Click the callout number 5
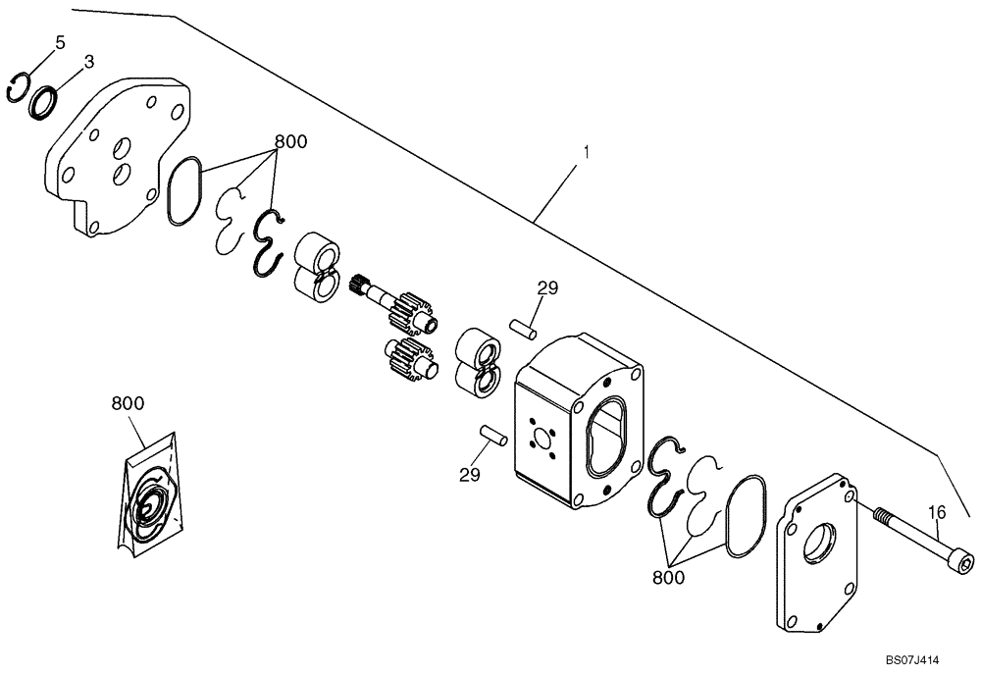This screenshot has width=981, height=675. click(x=59, y=42)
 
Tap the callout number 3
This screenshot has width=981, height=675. click(x=88, y=61)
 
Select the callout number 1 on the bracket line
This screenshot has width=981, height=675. click(x=586, y=153)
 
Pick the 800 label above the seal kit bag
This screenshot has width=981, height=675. click(x=128, y=403)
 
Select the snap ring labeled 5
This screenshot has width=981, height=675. click(x=18, y=87)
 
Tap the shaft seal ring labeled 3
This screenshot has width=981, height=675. click(x=42, y=101)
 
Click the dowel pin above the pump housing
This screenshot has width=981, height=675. click(x=521, y=327)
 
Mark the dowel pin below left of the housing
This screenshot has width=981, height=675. click(x=490, y=434)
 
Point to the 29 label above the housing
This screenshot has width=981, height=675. click(x=546, y=287)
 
